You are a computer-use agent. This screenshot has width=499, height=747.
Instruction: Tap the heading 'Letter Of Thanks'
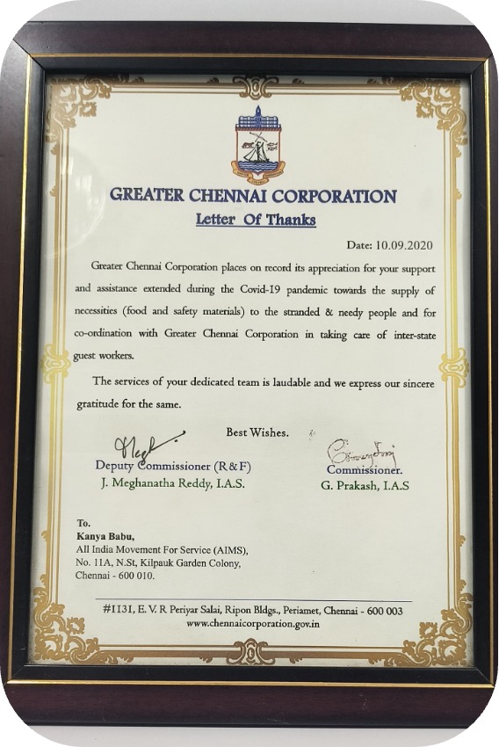coord(256,220)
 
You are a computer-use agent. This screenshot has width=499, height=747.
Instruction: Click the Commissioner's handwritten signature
coord(362,455)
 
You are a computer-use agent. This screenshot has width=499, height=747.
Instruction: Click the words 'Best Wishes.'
coord(257,432)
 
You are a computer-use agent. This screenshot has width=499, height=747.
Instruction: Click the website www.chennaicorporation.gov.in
coord(253,622)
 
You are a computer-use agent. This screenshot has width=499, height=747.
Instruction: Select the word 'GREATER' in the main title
coord(150,195)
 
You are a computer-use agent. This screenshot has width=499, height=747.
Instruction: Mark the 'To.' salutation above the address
coord(83,522)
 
